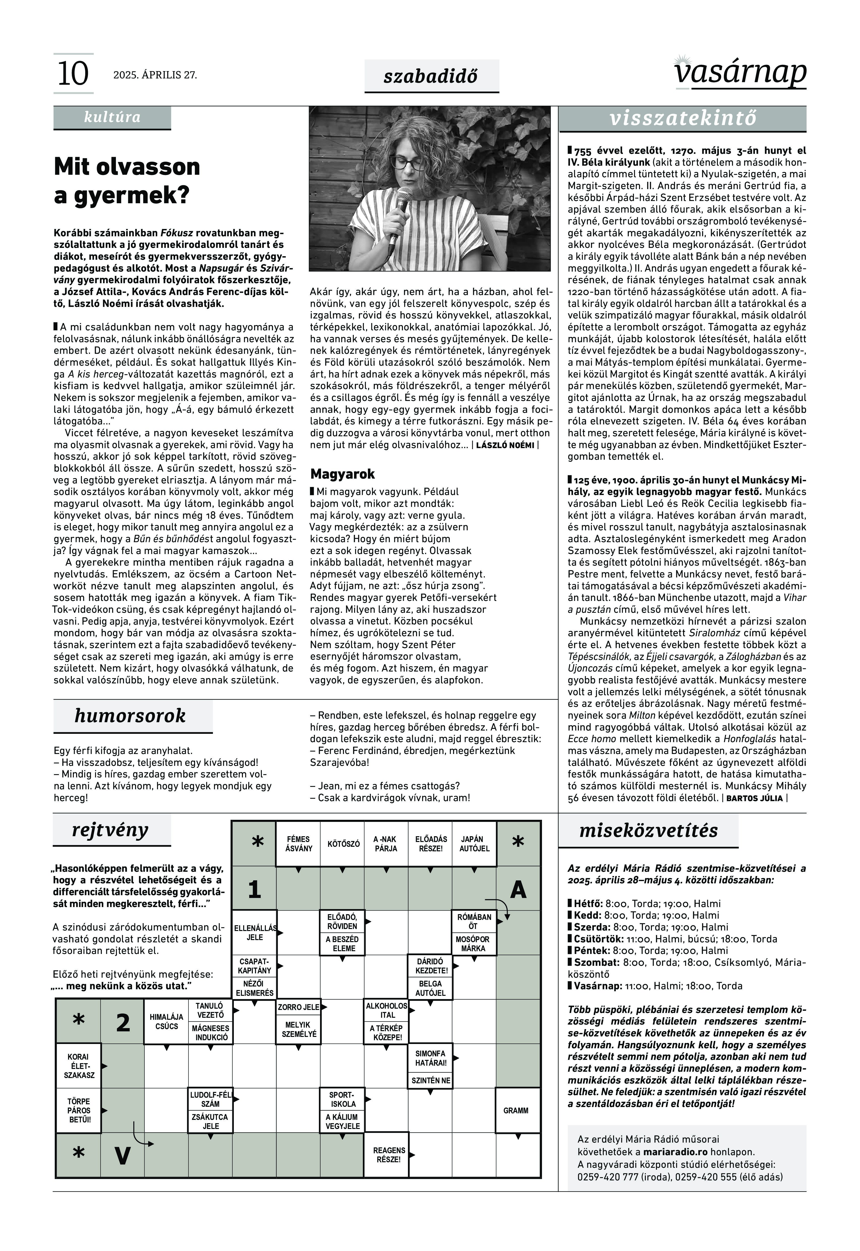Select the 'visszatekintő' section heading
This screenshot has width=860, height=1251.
(x=683, y=119)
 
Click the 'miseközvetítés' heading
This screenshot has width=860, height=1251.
(x=648, y=830)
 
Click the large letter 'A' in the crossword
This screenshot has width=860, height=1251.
(x=518, y=889)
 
